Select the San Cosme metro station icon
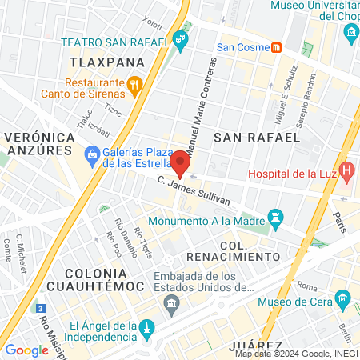276,46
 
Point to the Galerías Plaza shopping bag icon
93,153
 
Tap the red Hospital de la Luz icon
346,170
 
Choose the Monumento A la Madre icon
277,216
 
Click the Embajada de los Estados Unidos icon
170,302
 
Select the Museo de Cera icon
344,301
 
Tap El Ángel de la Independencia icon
147,328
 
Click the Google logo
27,350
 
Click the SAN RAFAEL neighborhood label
256,137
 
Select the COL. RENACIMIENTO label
234,249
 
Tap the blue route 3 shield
40,307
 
